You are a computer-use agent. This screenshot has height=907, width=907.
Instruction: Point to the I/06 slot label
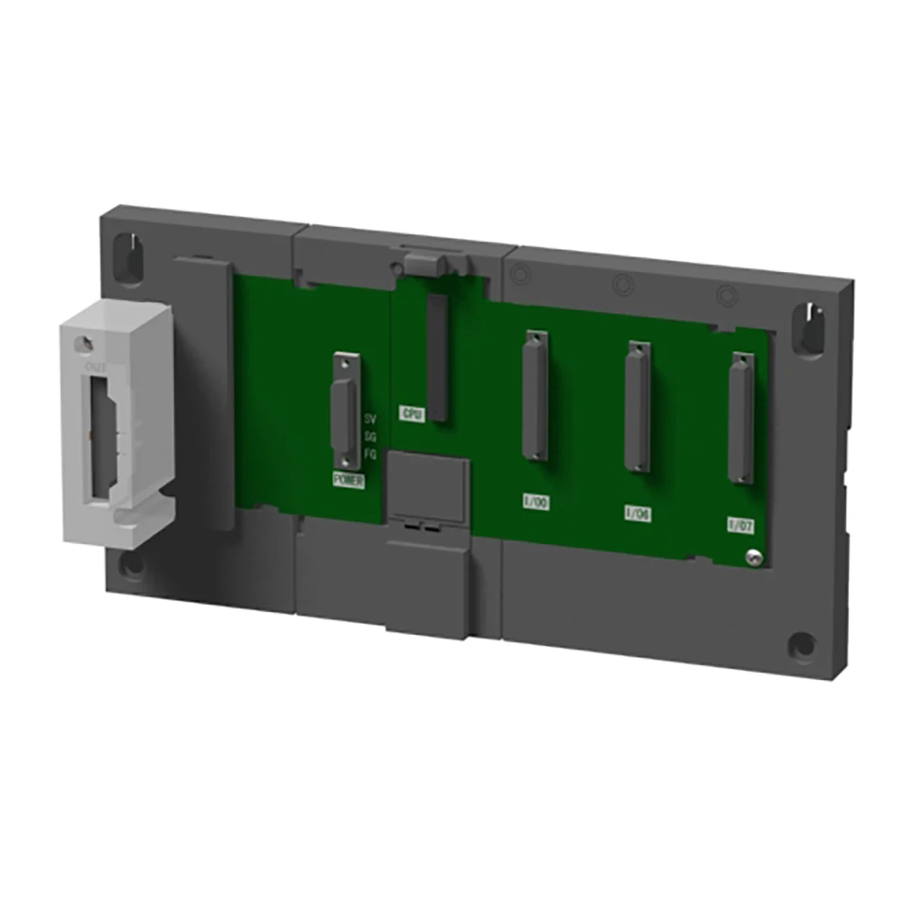click(638, 512)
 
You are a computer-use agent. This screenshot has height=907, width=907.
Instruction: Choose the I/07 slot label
click(739, 524)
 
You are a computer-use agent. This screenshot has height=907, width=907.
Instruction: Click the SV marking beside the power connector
click(369, 419)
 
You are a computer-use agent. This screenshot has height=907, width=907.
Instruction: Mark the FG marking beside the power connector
click(369, 453)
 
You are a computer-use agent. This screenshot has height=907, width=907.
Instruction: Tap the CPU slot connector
click(439, 357)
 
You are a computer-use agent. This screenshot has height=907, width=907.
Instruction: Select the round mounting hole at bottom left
click(134, 569)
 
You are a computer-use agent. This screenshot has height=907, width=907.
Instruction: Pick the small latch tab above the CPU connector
click(425, 263)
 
